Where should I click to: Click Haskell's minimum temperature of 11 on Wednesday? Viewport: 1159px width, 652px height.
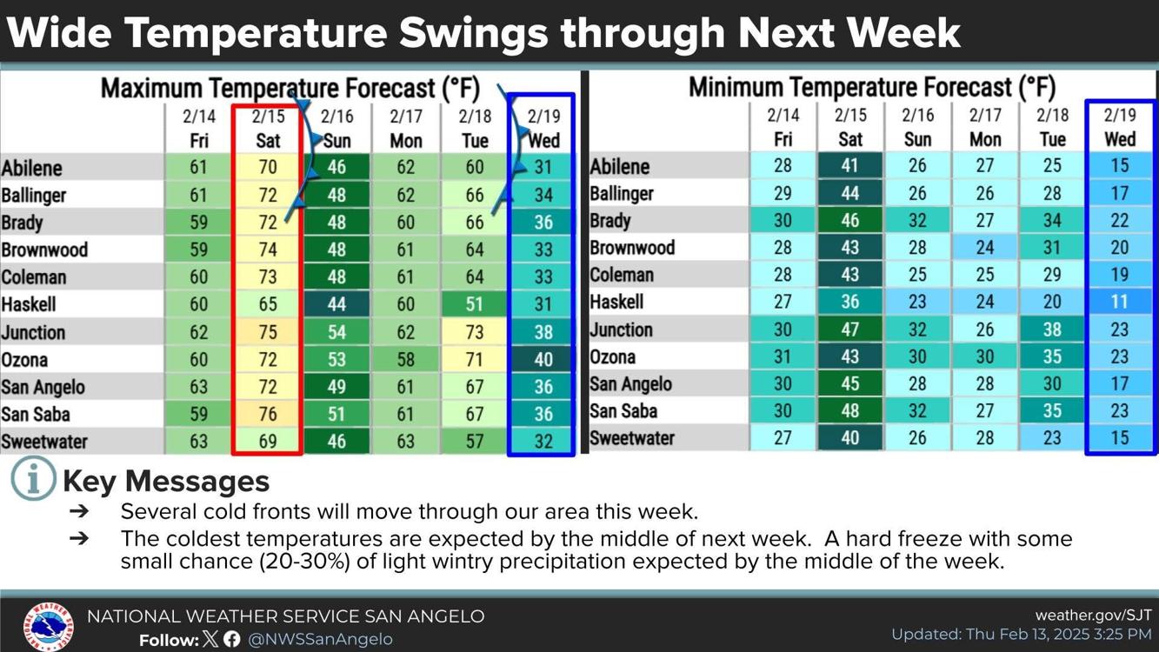point(1120,303)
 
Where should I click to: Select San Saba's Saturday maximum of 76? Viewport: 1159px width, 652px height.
point(268,415)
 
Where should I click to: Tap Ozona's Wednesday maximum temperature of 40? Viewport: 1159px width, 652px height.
point(543,360)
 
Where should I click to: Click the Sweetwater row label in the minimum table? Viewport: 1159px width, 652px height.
point(632,438)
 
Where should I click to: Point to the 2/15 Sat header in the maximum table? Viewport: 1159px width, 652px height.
point(268,129)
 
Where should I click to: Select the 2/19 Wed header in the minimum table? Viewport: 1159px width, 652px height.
point(1120,127)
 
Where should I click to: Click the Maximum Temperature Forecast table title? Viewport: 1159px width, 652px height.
point(290,89)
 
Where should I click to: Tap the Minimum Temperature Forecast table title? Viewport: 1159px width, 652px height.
point(871,88)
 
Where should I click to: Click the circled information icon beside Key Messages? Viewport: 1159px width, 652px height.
point(33,479)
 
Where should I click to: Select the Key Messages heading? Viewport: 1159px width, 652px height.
point(166,482)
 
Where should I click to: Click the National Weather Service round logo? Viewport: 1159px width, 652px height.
point(48,626)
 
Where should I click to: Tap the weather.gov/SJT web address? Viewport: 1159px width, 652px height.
point(1093,615)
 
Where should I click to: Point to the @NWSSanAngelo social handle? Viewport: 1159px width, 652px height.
point(320,640)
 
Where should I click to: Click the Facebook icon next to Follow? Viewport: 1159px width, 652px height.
point(232,640)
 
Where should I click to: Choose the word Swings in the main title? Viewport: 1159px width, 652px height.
point(475,33)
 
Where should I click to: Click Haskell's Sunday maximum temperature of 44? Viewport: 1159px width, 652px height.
point(336,305)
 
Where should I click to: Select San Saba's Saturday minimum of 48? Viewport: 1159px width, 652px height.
point(850,411)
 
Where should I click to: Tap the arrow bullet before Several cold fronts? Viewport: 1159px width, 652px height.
point(79,512)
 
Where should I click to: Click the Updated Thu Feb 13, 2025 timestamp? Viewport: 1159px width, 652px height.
point(1021,635)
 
